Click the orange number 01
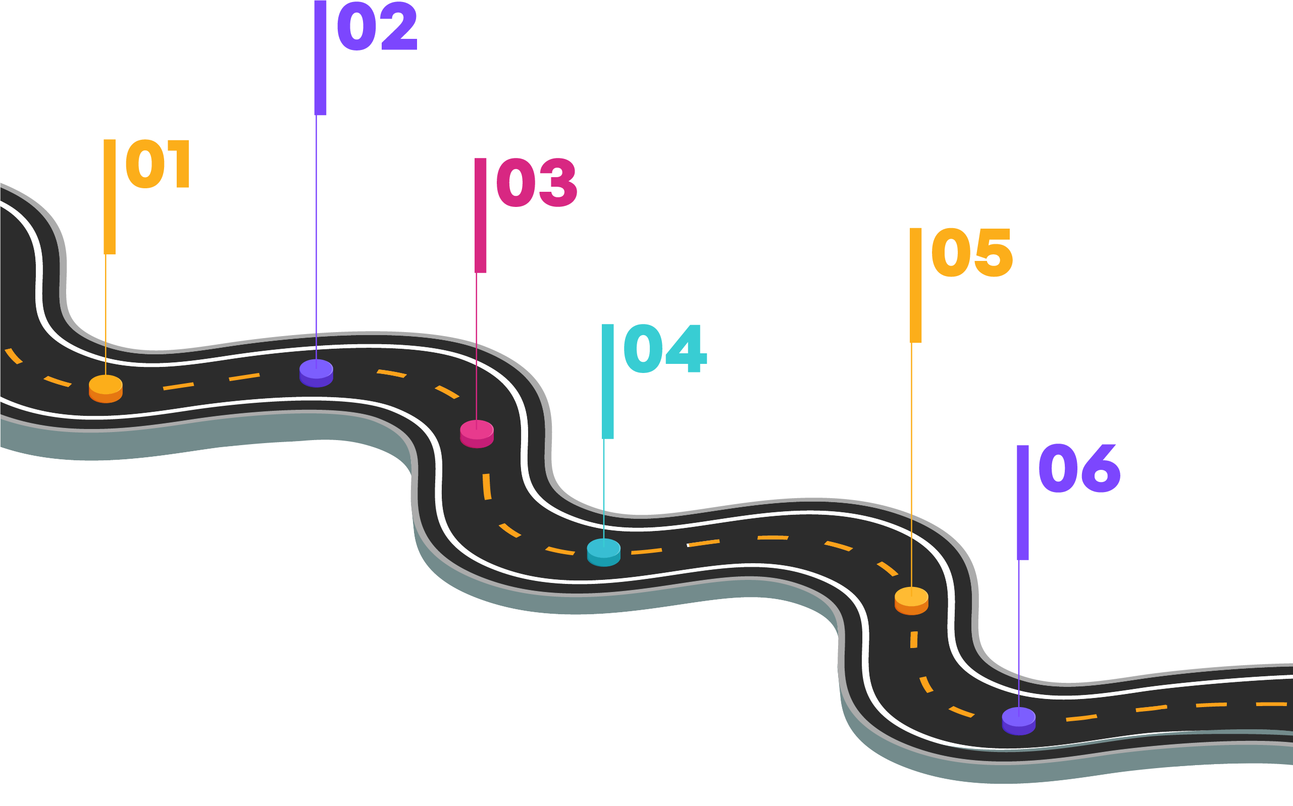158,164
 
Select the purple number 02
377,26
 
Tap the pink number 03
536,183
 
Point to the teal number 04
664,349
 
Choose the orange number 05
971,253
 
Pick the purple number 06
1079,469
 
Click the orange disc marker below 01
106,389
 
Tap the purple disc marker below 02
316,372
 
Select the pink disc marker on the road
477,434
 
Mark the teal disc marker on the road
603,552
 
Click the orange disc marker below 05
911,601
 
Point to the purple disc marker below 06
1018,721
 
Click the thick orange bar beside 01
109,197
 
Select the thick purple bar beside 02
320,58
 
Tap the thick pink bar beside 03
481,216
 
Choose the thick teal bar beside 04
608,381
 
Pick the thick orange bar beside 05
915,285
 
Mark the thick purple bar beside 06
1023,502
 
